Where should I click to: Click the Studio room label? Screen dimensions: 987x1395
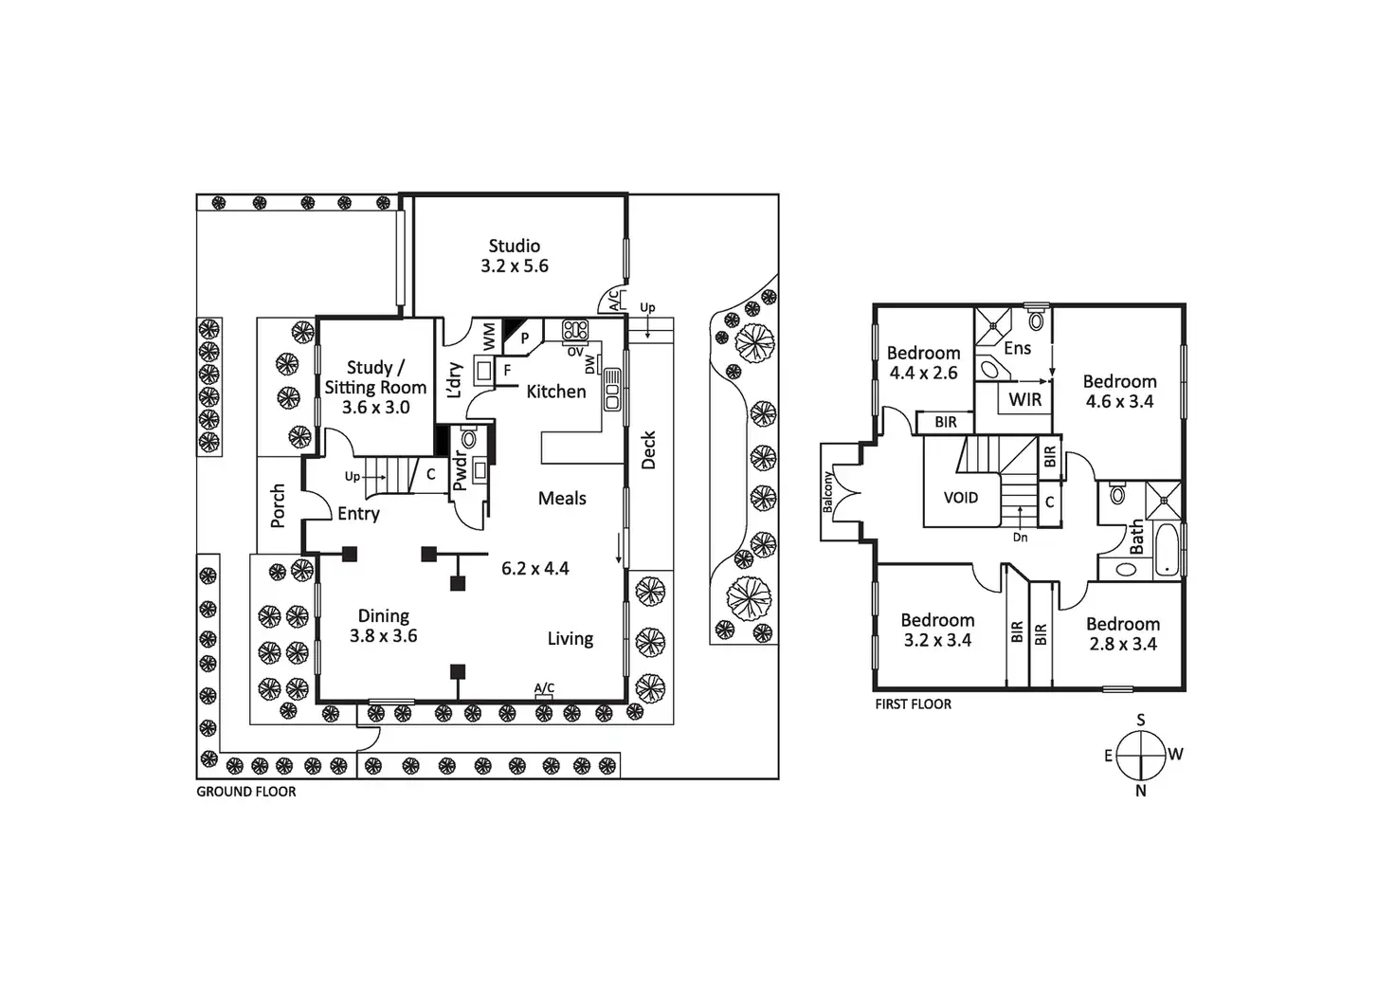[x=514, y=247]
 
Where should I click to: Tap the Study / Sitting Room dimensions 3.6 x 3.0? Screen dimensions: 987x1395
[x=375, y=408]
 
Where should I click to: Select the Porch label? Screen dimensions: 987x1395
[x=278, y=505]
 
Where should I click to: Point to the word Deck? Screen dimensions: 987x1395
[x=649, y=450]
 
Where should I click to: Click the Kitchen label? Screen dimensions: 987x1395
[x=555, y=392]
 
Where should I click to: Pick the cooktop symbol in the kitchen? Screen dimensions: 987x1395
[x=575, y=331]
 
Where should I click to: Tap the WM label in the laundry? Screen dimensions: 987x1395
[x=489, y=334]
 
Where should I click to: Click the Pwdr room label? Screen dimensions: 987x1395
[x=460, y=471]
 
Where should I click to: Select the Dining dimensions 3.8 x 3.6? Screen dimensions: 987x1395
[x=383, y=636]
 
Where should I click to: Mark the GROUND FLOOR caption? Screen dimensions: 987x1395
[x=245, y=792]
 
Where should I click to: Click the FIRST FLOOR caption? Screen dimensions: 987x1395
[x=913, y=704]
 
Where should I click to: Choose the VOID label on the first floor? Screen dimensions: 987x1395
[x=960, y=498]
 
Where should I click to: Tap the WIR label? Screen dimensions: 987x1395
[x=1024, y=400]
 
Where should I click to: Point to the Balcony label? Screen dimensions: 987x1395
[x=827, y=492]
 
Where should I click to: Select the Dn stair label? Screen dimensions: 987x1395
[x=1020, y=538]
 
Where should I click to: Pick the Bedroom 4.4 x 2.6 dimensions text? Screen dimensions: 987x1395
[x=923, y=374]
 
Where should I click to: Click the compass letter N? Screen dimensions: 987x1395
[x=1140, y=791]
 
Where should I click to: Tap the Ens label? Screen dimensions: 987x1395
[x=1017, y=349]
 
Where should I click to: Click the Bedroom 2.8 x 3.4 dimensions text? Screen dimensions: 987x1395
[x=1122, y=645]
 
